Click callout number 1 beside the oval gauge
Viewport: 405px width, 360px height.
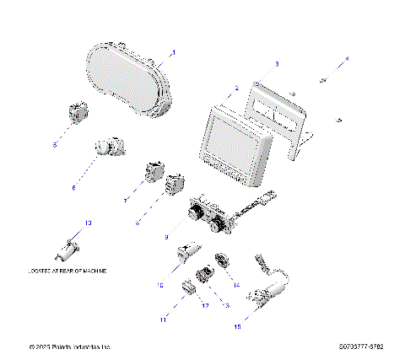[173, 52]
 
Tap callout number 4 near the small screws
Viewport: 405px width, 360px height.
[345, 60]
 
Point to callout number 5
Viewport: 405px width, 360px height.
[55, 145]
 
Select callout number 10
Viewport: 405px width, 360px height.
[159, 285]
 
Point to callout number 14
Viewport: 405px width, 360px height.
[236, 285]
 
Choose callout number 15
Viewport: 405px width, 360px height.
[238, 325]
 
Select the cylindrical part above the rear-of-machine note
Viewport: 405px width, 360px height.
[67, 249]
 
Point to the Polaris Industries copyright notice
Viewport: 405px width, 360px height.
[70, 347]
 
